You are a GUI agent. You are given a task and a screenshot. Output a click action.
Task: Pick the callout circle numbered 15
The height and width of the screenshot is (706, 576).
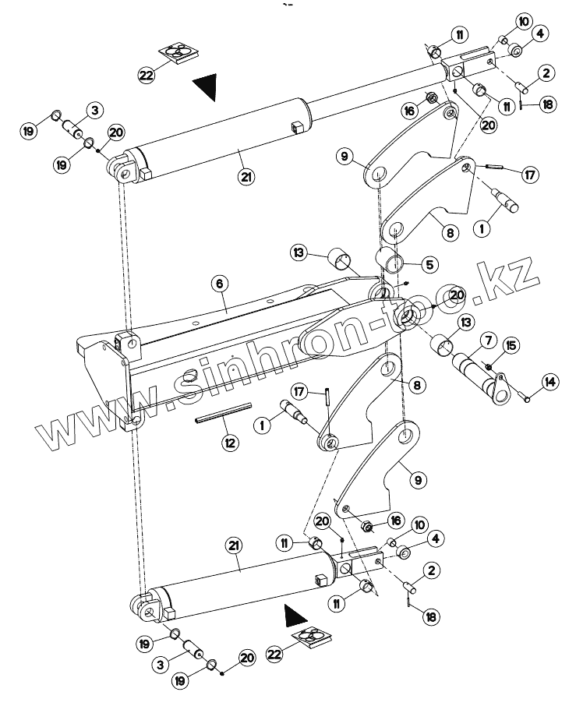tap(511, 345)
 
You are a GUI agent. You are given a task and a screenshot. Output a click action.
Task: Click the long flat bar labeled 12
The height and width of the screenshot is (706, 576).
tap(224, 411)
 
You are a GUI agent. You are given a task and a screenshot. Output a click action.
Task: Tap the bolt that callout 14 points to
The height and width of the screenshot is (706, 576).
tap(528, 399)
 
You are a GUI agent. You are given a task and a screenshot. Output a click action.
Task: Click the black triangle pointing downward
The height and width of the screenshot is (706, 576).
tap(207, 86)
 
